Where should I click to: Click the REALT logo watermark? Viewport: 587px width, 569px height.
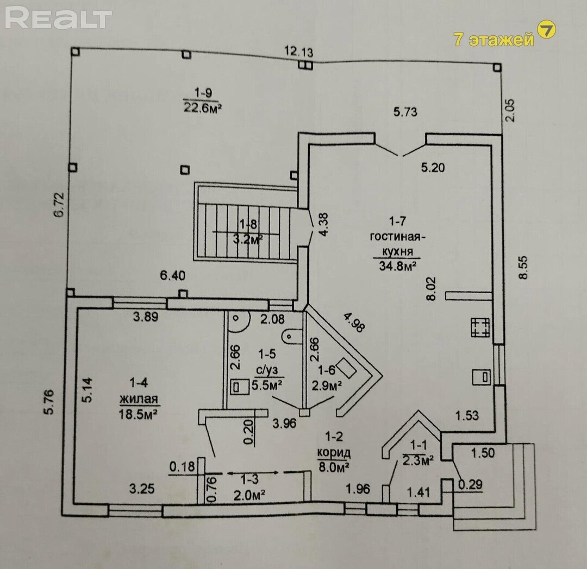point(58,18)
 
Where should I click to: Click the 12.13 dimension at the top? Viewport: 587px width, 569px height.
point(299,51)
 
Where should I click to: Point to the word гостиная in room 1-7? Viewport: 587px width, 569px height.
point(397,237)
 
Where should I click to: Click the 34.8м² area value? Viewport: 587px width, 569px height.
point(398,265)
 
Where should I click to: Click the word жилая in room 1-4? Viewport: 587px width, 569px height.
point(139,399)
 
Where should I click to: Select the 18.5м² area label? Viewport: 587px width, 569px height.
point(138,414)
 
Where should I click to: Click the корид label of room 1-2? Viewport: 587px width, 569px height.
point(334,453)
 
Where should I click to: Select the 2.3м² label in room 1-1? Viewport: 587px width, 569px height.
point(418,460)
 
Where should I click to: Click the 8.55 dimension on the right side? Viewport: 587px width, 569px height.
point(523,267)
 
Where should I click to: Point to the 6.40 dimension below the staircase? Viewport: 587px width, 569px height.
point(173,276)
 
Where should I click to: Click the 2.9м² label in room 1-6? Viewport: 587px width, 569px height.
point(327,385)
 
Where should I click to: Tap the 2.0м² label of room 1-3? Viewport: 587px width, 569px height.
point(249,495)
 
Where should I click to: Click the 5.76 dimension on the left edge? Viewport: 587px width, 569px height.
point(49,402)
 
